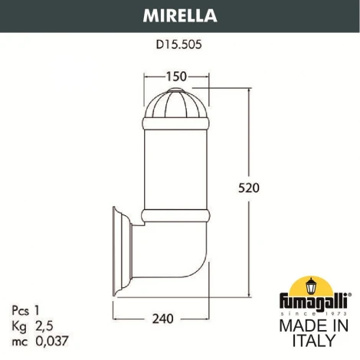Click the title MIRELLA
click(x=179, y=14)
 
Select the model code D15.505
click(x=179, y=44)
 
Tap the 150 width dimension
click(x=176, y=77)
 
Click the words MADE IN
click(x=313, y=326)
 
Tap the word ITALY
click(x=313, y=341)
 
